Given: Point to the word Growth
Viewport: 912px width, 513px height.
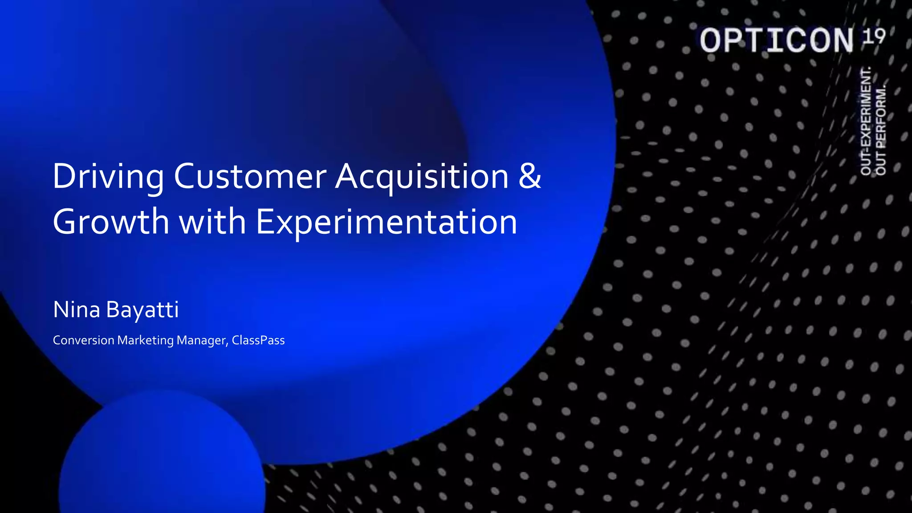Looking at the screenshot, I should coord(111,221).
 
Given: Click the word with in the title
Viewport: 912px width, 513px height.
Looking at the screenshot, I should coord(212,221).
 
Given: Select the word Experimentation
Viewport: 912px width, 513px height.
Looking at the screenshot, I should coord(386,222).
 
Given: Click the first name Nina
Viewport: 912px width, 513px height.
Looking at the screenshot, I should coord(77,309).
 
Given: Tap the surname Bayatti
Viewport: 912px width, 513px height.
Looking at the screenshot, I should coord(142,310).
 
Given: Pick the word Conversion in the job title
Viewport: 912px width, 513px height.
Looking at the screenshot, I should coord(84,340).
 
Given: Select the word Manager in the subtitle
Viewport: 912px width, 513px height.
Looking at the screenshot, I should coord(203,340).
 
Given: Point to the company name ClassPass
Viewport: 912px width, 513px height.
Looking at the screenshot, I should coord(258,340).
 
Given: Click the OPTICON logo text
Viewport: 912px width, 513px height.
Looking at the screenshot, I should coord(777,41).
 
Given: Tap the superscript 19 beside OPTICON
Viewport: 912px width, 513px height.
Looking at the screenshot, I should coord(874,36).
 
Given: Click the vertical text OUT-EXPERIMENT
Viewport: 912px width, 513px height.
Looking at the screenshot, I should coord(866,121).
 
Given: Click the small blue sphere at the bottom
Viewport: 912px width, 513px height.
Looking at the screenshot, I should coord(162,459).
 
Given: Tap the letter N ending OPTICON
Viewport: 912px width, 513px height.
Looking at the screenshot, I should coord(841,41).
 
